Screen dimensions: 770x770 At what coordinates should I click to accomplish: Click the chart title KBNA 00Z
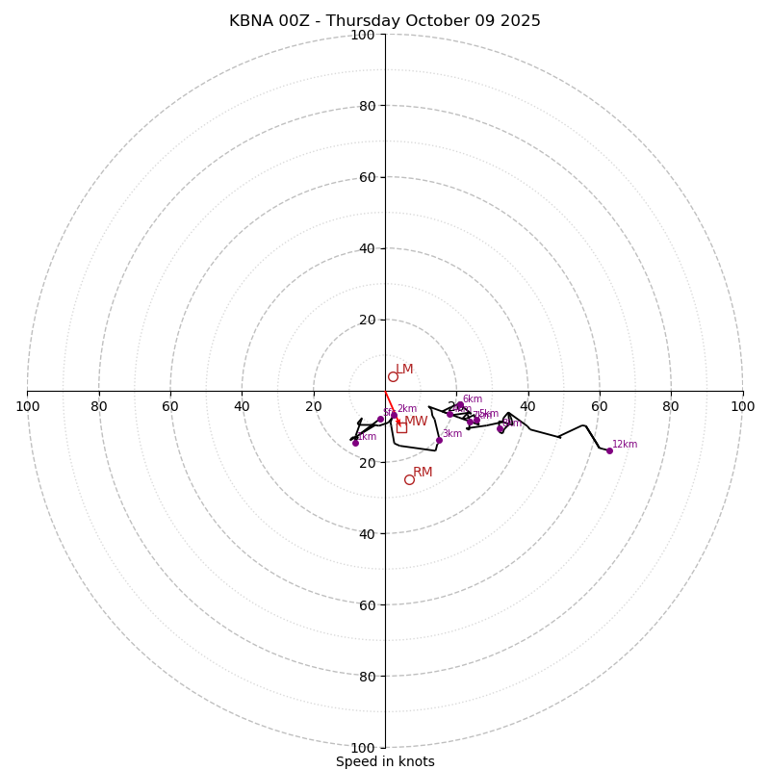[385, 21]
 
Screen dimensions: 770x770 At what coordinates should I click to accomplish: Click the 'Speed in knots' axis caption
[385, 761]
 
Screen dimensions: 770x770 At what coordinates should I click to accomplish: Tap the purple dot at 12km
[609, 450]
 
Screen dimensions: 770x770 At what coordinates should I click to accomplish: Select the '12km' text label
[625, 445]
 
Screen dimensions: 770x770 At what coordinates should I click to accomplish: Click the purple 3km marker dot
[439, 440]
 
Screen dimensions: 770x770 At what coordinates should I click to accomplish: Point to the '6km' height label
[473, 399]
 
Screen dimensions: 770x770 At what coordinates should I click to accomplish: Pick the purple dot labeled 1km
[355, 443]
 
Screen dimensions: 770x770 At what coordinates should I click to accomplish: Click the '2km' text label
[407, 409]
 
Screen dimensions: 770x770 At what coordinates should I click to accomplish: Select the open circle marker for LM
[393, 376]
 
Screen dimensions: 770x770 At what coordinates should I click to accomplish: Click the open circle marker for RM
[409, 479]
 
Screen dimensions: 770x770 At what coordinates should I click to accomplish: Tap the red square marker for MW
[401, 427]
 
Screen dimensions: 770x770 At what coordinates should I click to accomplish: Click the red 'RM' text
[423, 473]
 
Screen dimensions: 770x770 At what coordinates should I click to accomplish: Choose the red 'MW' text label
[416, 422]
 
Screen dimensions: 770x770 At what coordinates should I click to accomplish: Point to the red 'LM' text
[404, 370]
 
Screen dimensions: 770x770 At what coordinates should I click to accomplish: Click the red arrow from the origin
[391, 405]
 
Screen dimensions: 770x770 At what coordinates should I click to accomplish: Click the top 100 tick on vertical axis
[363, 35]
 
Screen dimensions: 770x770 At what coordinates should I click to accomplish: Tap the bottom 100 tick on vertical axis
[363, 748]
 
